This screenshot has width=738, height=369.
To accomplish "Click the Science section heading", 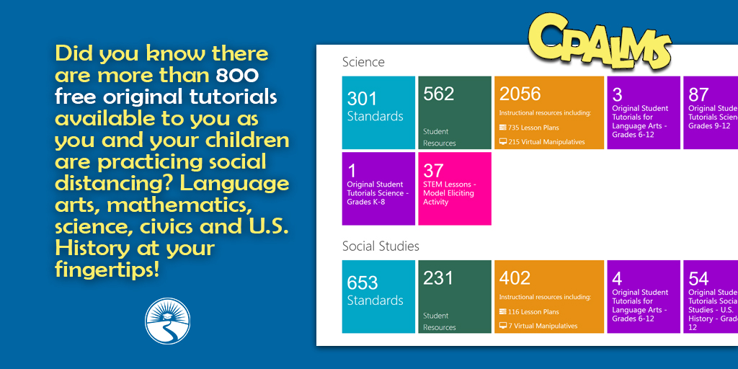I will click(x=363, y=62).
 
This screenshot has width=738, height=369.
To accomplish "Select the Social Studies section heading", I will click(x=381, y=246).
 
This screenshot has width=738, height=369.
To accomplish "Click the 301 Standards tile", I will click(x=378, y=112).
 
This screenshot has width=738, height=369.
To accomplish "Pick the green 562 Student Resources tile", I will click(x=454, y=112).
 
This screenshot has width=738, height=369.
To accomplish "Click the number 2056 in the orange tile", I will click(x=520, y=94).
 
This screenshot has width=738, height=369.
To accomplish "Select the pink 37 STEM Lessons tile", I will click(x=454, y=188).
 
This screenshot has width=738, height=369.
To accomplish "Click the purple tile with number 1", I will click(x=378, y=188).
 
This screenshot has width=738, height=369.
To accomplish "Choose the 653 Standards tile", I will click(x=378, y=296).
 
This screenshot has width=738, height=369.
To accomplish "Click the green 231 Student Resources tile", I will click(x=454, y=296).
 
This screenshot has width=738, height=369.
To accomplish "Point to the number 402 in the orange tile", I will click(x=515, y=278).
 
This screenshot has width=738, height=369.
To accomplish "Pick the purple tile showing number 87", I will click(x=710, y=112).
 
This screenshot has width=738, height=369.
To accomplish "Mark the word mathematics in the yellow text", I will click(x=179, y=205).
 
